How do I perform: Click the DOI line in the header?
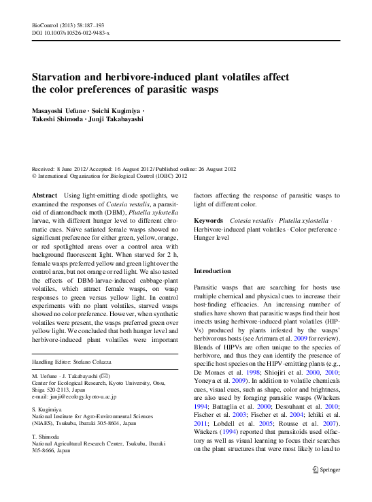click(71, 32)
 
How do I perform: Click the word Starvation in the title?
click(64, 76)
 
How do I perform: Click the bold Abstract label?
click(45, 195)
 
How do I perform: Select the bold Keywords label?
click(209, 221)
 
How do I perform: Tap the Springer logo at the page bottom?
click(326, 488)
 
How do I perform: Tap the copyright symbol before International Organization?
click(35, 176)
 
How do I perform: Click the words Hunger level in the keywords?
click(212, 238)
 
